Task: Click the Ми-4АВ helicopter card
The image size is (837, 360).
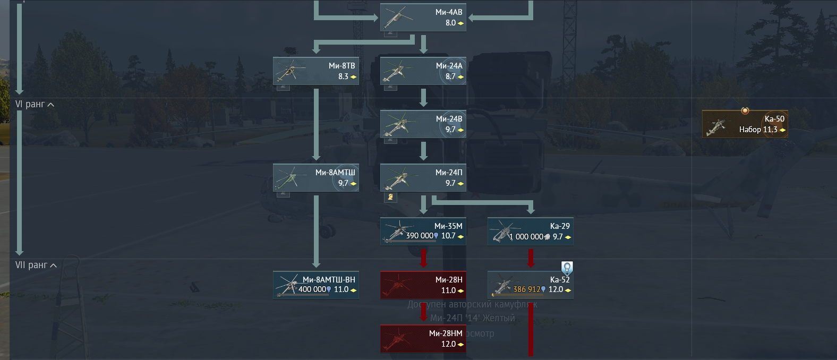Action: point(423,18)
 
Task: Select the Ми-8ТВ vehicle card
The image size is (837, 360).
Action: point(316,71)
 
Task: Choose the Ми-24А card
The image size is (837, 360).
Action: point(423,71)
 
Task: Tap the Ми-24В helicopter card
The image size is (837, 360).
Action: point(423,124)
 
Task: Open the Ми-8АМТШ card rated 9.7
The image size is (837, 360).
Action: point(316,178)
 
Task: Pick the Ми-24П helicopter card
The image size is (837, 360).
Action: point(423,178)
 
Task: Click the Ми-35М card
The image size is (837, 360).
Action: point(423,232)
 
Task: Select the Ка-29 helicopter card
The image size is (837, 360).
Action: point(530,232)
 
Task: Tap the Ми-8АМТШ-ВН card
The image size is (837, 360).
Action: point(316,285)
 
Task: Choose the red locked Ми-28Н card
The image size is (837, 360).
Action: point(423,285)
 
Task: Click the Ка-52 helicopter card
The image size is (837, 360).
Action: point(530,285)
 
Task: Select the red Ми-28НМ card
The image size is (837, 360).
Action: point(423,339)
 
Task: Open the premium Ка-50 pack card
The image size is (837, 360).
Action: point(745,124)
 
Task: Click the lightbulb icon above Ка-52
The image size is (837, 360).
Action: point(567,268)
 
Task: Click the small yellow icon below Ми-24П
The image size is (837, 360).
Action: point(390,197)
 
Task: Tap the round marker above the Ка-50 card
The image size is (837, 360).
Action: point(745,110)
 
